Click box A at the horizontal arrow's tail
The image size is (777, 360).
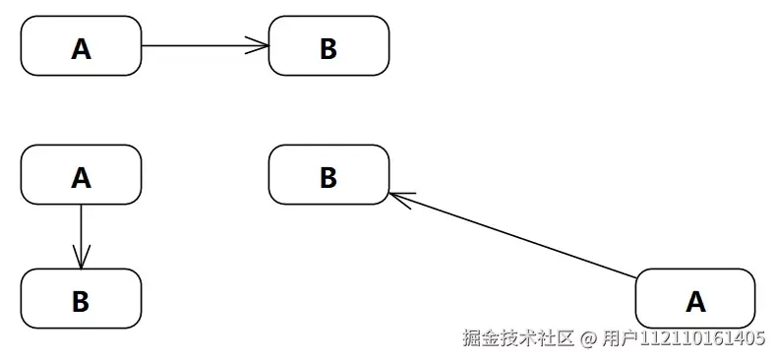[81, 46]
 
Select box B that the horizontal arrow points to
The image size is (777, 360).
[329, 46]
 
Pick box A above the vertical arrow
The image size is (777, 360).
[81, 175]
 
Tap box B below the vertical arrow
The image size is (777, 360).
[81, 299]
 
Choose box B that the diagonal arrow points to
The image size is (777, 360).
[329, 175]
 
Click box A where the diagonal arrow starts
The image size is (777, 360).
[695, 299]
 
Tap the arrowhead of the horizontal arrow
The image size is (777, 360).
[260, 46]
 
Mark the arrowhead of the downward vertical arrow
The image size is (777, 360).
[81, 259]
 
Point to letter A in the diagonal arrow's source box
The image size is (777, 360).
[695, 300]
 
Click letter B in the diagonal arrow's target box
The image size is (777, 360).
[329, 177]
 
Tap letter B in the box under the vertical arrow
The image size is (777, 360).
[81, 300]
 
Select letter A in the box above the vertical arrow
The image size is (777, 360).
[81, 177]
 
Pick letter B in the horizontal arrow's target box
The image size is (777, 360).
[329, 48]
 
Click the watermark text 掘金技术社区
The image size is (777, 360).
[518, 338]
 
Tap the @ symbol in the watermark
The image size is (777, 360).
[588, 339]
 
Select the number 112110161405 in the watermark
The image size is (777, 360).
[703, 339]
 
